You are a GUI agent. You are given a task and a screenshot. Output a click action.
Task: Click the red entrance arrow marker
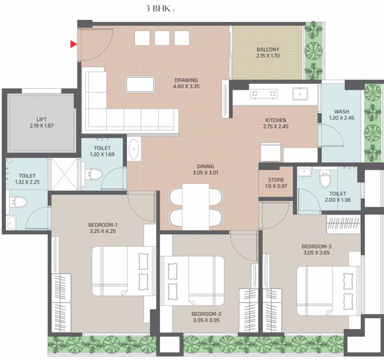(x=74, y=45)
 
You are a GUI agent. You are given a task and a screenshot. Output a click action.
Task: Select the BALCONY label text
(x=268, y=50)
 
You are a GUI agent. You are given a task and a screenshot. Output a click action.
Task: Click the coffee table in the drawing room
(x=140, y=84)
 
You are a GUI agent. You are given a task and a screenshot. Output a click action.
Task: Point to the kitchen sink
(x=300, y=94)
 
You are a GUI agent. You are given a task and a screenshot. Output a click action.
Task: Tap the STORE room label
(x=276, y=180)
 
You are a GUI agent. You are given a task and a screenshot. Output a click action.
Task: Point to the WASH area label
(x=341, y=112)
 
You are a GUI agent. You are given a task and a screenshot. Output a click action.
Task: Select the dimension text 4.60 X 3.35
(x=186, y=87)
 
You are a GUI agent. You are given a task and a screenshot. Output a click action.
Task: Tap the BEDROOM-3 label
(x=316, y=247)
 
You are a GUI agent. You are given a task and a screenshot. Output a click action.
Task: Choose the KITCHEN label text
(x=275, y=120)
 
